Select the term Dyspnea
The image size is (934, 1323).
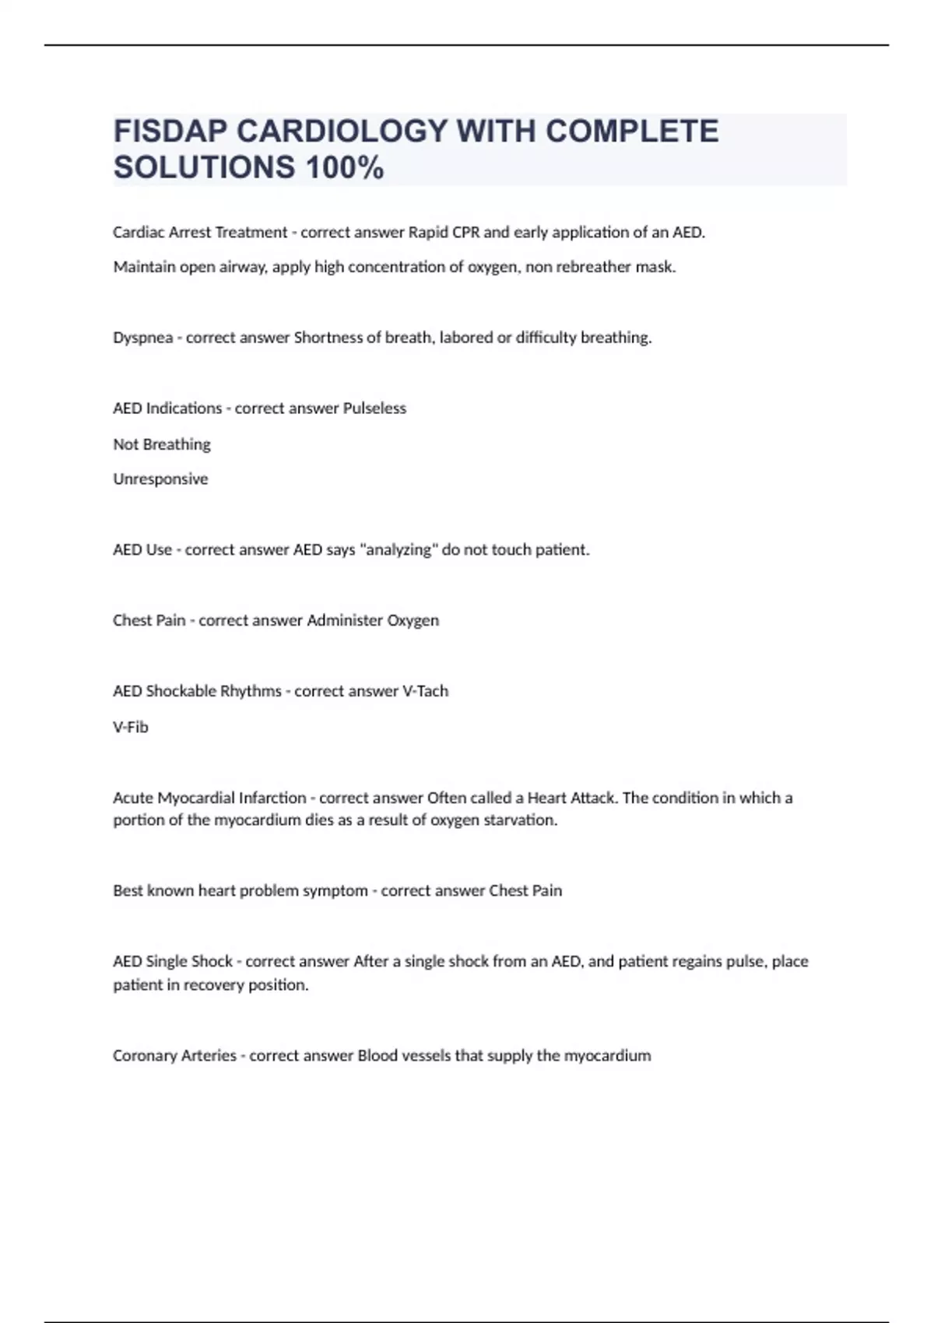pos(142,338)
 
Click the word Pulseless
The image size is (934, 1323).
pos(374,409)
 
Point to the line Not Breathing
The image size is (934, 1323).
pos(162,444)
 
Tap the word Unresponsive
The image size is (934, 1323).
pos(160,479)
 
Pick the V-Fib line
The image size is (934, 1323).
pos(131,727)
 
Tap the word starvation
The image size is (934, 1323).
pos(521,820)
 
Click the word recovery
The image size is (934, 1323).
pos(213,985)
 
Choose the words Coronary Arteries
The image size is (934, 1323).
pos(174,1056)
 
